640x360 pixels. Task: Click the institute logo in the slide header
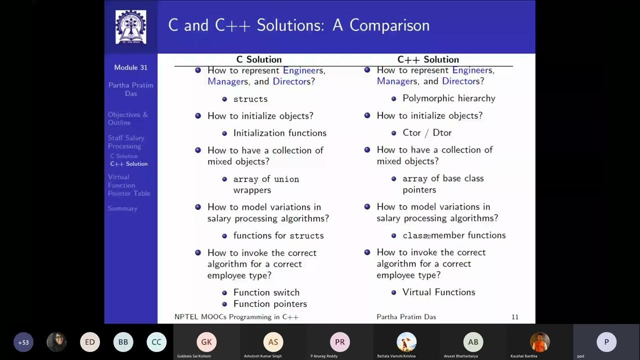pos(131,26)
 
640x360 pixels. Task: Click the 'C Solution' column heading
pos(259,59)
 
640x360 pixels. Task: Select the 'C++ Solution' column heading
pos(428,59)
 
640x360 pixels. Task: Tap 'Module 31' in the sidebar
pos(130,67)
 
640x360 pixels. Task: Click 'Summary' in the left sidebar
pos(122,208)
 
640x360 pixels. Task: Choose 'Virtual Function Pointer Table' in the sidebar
pos(129,185)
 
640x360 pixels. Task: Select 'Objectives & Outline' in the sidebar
pos(128,118)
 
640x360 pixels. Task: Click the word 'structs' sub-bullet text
pos(250,99)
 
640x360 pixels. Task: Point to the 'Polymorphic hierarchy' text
pos(448,98)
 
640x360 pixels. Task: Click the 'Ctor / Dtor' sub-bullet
pos(427,132)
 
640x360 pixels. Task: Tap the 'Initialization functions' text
pos(279,133)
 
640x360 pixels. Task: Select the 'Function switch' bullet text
pos(266,292)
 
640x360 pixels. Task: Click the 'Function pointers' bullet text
pos(270,304)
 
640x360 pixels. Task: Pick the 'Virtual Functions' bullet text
pos(438,292)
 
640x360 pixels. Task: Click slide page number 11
pos(515,317)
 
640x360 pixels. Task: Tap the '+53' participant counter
pos(23,342)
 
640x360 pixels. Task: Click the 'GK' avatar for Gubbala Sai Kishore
pos(206,342)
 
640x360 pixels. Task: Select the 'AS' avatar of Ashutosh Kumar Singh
pos(273,342)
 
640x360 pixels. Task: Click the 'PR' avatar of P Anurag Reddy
pos(339,342)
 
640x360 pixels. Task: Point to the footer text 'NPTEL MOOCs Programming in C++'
pos(236,317)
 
